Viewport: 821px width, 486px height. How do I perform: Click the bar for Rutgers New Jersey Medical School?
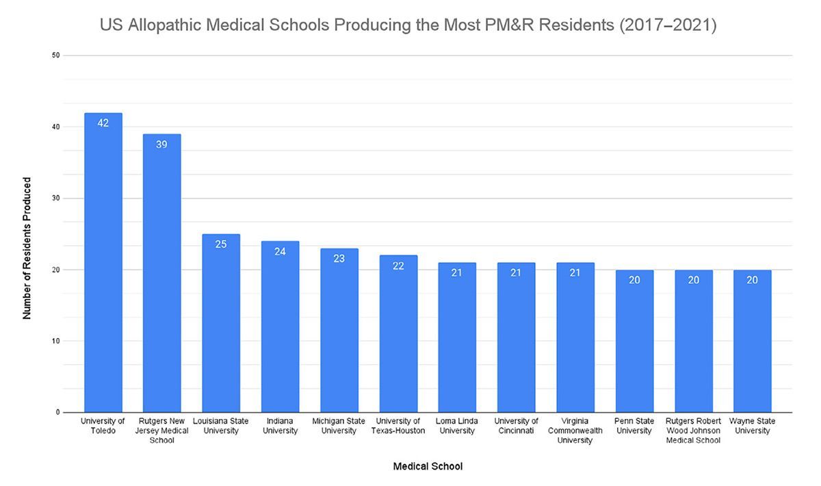coord(162,274)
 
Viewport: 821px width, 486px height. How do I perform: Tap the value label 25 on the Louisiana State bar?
coord(221,244)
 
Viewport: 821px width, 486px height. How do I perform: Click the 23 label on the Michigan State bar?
coord(339,258)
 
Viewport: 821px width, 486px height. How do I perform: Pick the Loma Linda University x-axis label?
coord(457,426)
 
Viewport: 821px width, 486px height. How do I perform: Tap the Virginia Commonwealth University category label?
coord(575,431)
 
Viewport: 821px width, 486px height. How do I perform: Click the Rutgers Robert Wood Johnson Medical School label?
coord(693,431)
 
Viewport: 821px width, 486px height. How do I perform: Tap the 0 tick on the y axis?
coord(57,413)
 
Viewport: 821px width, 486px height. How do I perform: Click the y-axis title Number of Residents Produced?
coord(27,248)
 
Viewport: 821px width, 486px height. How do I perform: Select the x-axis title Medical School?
coord(428,467)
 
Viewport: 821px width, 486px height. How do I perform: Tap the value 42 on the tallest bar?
coord(103,123)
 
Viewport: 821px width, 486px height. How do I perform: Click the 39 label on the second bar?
coord(162,144)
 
